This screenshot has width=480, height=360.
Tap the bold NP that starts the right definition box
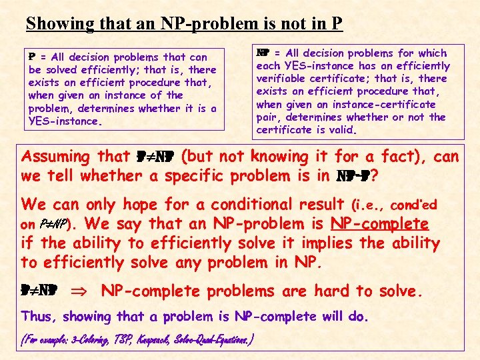coord(262,53)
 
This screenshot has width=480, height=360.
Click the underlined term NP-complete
coord(389,224)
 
